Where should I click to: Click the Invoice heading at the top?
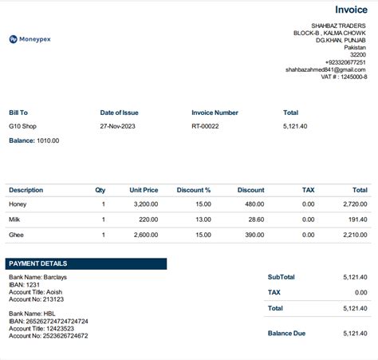click(x=351, y=10)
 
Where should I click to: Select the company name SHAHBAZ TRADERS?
click(x=339, y=26)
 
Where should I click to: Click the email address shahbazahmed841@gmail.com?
click(x=326, y=69)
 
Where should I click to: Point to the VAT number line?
click(x=344, y=77)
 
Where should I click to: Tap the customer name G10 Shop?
click(x=23, y=126)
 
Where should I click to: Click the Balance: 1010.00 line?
click(x=33, y=140)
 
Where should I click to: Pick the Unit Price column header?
click(x=144, y=190)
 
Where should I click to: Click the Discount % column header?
click(x=194, y=190)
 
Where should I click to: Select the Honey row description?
click(x=18, y=204)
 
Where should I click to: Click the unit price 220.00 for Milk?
click(x=148, y=219)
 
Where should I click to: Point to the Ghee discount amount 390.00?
click(x=254, y=235)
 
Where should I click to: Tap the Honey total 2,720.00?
click(x=353, y=204)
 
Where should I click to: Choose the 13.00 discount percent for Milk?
click(x=203, y=219)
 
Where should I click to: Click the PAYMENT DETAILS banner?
click(x=86, y=263)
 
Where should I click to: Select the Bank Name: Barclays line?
click(x=37, y=277)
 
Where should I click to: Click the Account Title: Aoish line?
click(x=36, y=291)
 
